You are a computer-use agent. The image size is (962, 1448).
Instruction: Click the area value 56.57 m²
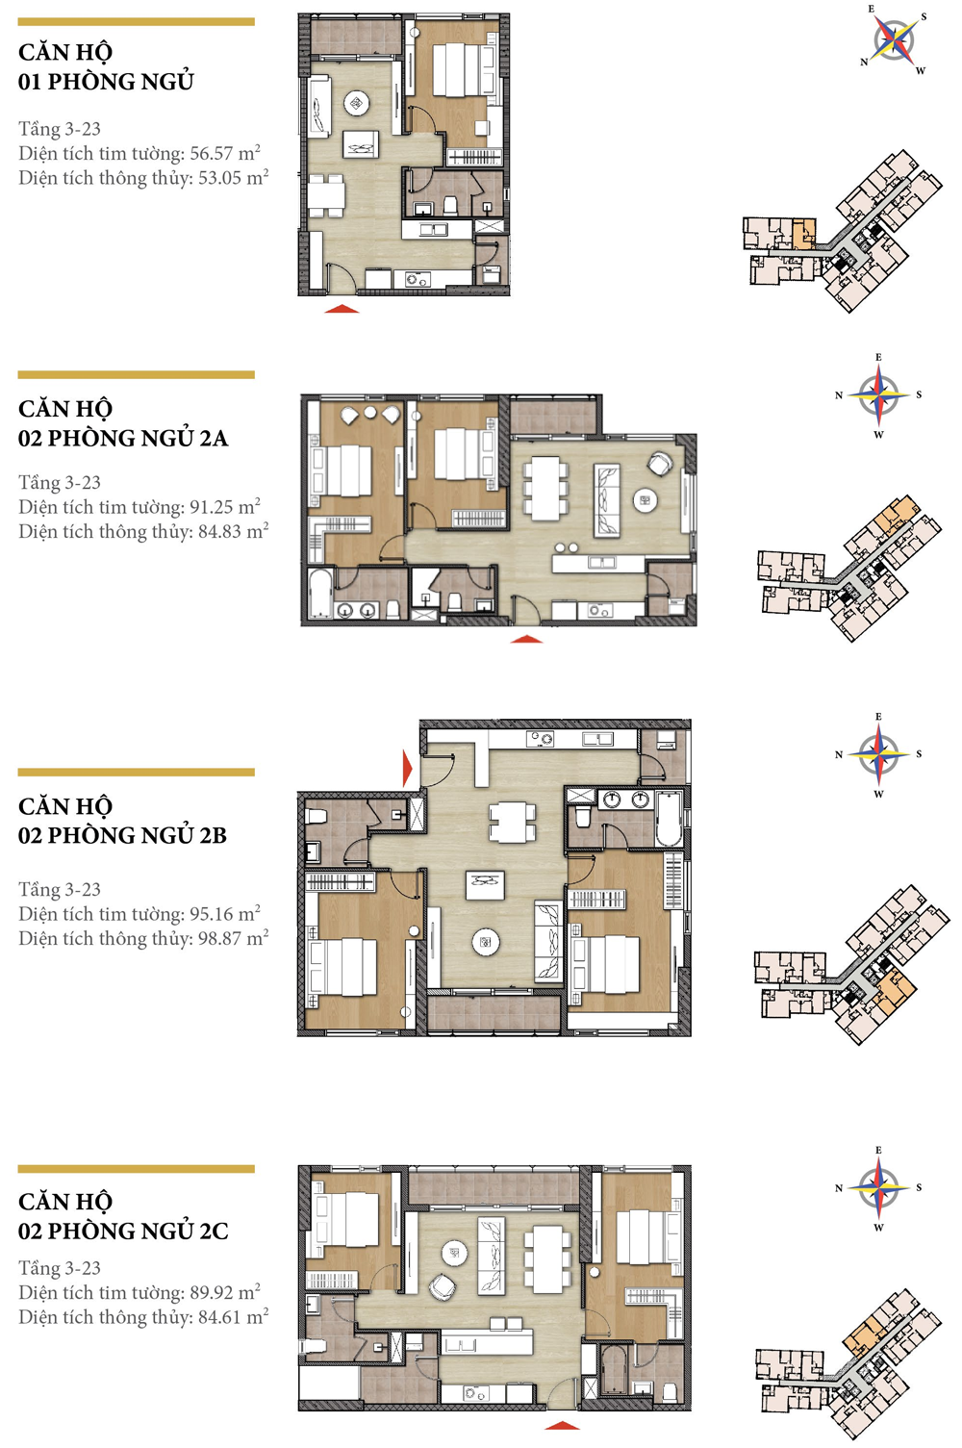click(225, 153)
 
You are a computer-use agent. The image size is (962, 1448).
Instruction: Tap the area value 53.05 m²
click(233, 178)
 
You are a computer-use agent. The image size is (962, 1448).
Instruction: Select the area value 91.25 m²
click(225, 507)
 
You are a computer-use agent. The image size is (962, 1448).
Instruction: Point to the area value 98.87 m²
click(233, 939)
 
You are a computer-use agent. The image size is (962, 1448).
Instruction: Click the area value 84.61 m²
click(233, 1317)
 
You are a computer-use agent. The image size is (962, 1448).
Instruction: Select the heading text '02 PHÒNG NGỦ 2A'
click(123, 439)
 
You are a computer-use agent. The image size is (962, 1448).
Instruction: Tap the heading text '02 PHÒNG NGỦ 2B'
click(122, 836)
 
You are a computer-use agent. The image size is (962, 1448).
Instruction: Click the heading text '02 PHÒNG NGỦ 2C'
click(123, 1232)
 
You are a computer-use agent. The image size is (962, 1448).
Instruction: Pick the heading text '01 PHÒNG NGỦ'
click(106, 82)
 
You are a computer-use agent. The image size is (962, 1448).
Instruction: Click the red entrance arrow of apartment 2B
click(408, 769)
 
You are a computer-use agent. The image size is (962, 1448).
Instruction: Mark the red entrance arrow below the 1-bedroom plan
click(342, 309)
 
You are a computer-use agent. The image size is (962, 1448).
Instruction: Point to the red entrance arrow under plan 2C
click(562, 1425)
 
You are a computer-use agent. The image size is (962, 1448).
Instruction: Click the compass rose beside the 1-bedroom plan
click(895, 40)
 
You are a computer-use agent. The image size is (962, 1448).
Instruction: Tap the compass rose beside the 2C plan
click(878, 1187)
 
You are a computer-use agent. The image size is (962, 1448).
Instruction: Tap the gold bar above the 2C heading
click(136, 1169)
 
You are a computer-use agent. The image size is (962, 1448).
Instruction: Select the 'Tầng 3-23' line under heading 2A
click(60, 483)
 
